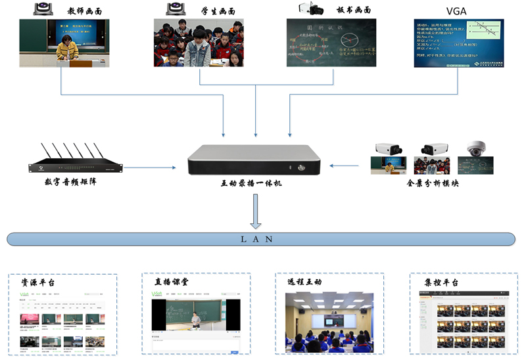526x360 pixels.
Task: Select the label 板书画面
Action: [x=352, y=10]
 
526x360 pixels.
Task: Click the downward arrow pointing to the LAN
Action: [x=256, y=212]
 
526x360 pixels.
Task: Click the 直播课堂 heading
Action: [x=172, y=282]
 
